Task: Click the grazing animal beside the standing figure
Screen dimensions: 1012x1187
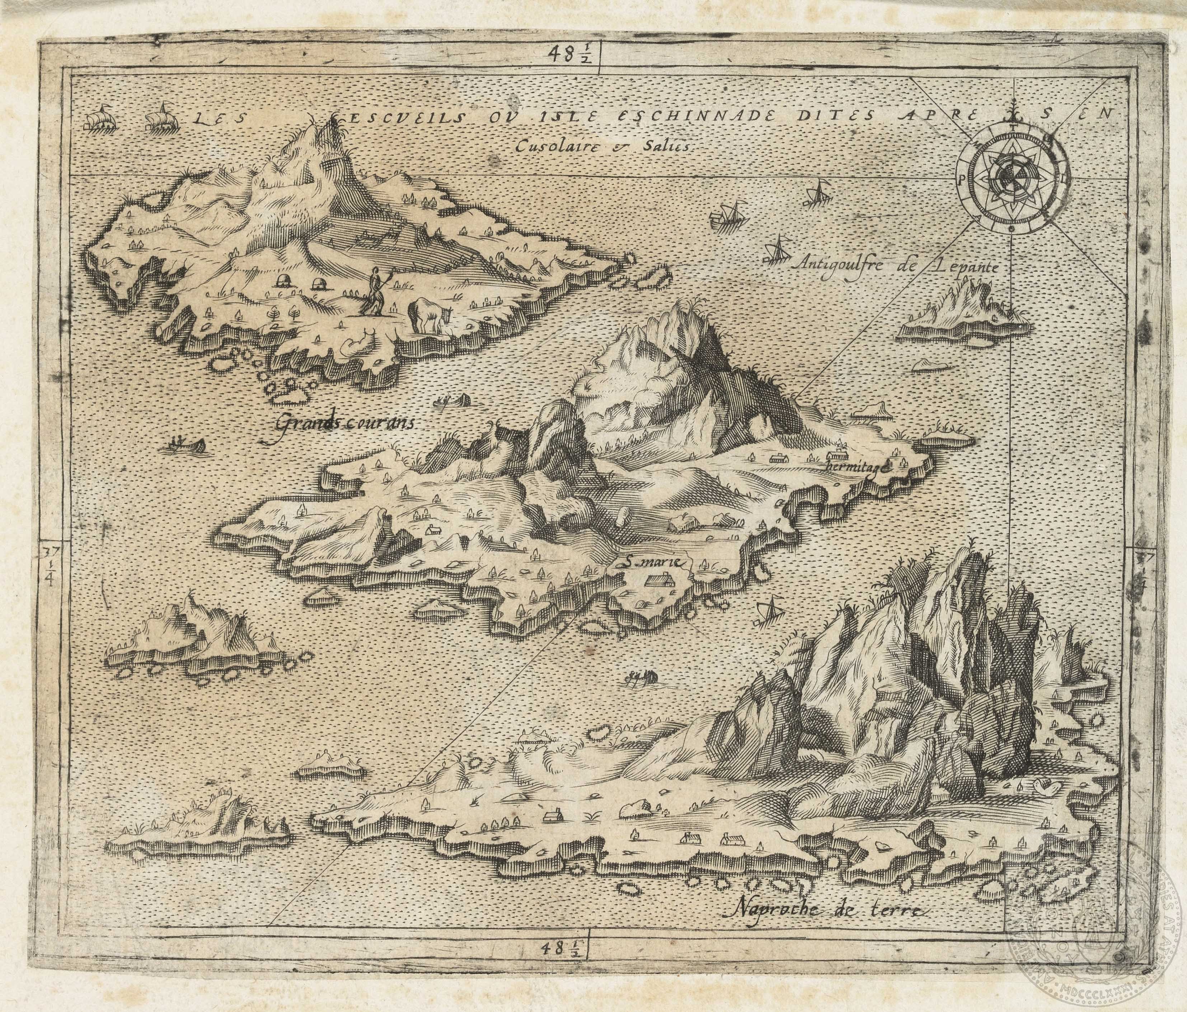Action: (428, 314)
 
